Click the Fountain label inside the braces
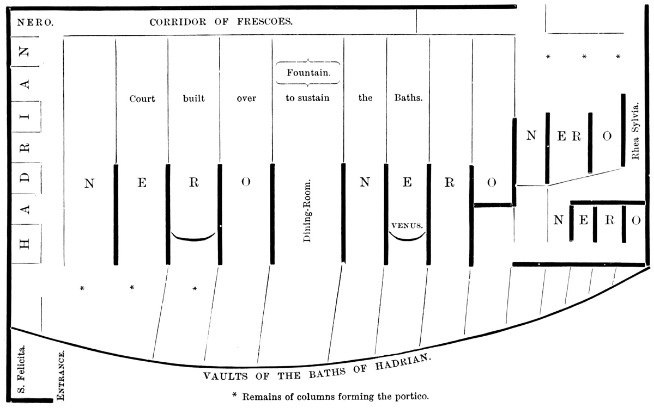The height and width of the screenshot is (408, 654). (x=308, y=72)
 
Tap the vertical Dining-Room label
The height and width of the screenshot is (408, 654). (x=307, y=211)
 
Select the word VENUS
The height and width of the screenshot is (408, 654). (x=407, y=226)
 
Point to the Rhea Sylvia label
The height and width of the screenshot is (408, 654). (x=635, y=131)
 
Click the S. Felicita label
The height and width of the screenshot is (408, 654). (x=21, y=369)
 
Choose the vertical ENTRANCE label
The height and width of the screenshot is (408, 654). (x=60, y=375)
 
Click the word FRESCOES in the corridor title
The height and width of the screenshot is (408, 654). (x=264, y=22)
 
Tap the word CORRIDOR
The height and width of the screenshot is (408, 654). (x=178, y=22)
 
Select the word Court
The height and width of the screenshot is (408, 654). (x=142, y=99)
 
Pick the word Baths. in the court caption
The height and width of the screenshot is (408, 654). (x=408, y=97)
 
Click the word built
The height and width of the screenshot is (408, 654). (x=194, y=98)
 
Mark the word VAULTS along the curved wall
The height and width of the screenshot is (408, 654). (x=226, y=376)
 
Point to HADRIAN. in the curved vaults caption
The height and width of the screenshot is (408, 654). (x=403, y=362)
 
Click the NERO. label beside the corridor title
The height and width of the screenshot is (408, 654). (x=35, y=22)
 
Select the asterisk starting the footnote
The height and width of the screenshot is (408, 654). (x=234, y=395)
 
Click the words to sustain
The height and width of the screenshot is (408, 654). (x=307, y=98)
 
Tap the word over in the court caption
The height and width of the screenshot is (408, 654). (x=246, y=98)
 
